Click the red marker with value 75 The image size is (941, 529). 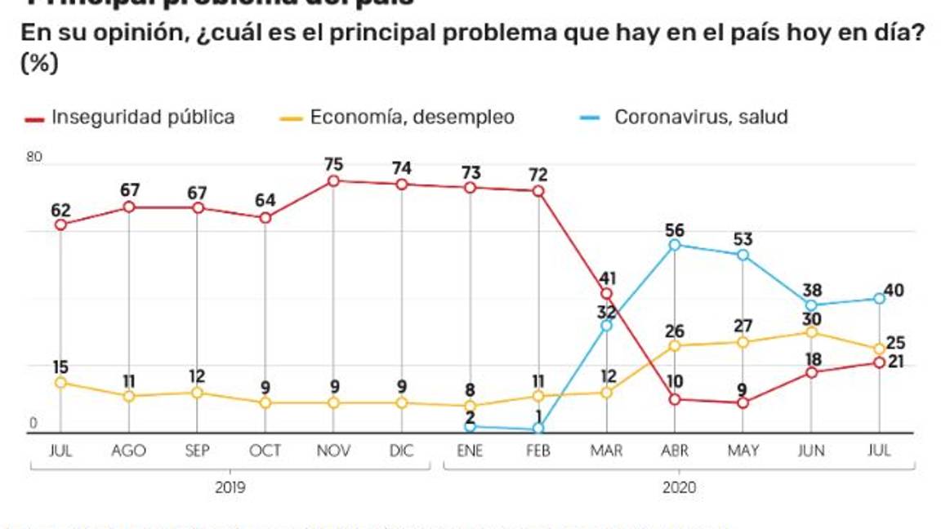333,180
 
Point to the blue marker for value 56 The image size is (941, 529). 675,245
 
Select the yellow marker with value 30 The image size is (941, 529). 811,332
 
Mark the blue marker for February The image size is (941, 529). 538,429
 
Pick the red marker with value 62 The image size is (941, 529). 60,224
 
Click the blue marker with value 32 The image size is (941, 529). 606,326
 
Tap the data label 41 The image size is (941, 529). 606,277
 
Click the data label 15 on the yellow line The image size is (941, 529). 60,366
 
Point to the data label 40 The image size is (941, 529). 894,291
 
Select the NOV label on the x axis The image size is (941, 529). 333,451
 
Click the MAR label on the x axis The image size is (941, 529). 606,451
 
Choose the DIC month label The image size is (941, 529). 401,451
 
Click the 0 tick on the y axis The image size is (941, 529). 34,423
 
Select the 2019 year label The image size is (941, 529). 231,487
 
